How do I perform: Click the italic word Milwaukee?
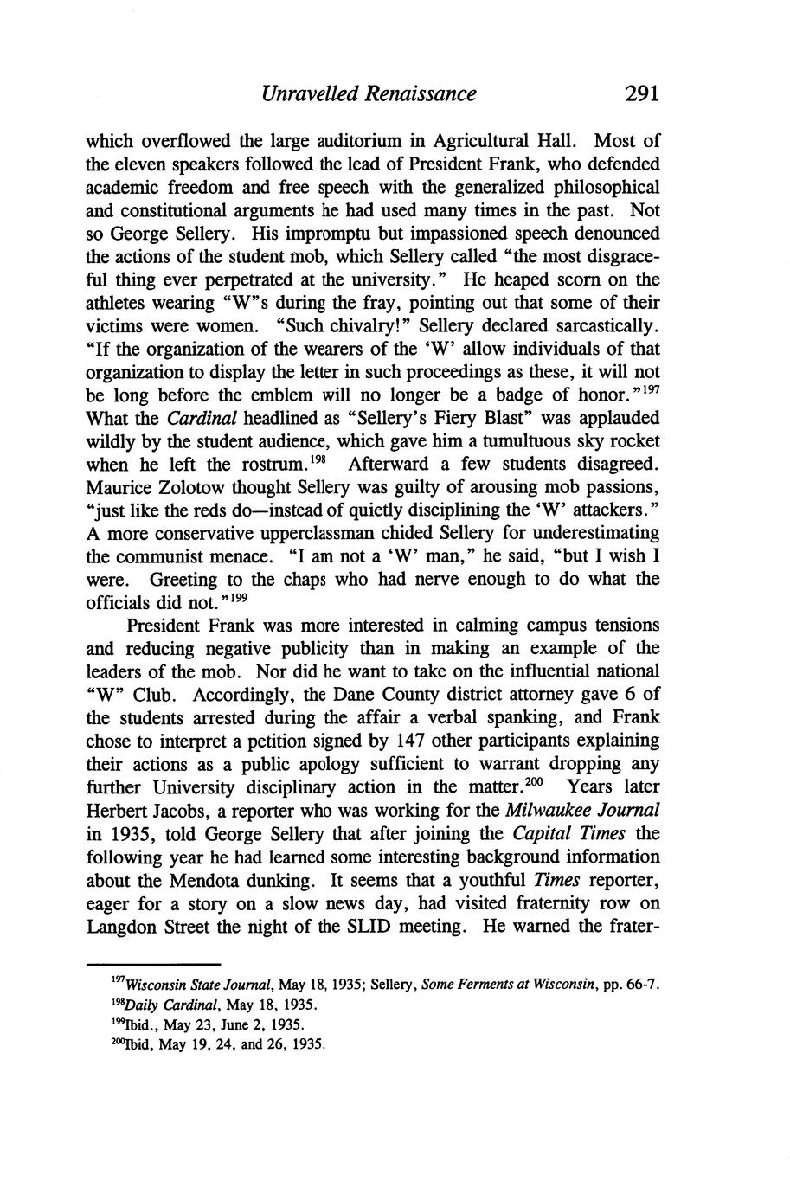point(568,811)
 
